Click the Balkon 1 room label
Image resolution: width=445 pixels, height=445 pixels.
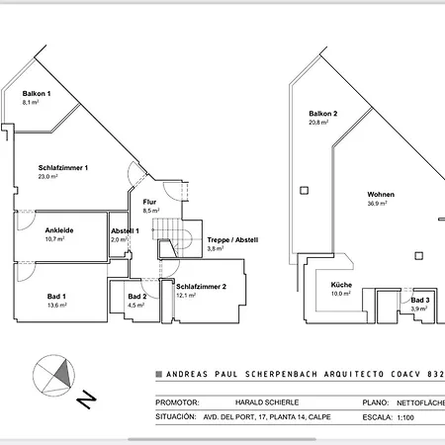(x=37, y=93)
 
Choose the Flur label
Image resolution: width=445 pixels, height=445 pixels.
(x=150, y=202)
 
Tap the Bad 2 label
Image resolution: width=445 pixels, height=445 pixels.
(x=137, y=297)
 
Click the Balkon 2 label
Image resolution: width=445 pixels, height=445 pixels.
(x=322, y=114)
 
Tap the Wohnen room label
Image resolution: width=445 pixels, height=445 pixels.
(x=381, y=195)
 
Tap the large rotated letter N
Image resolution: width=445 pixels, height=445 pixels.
(x=87, y=400)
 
